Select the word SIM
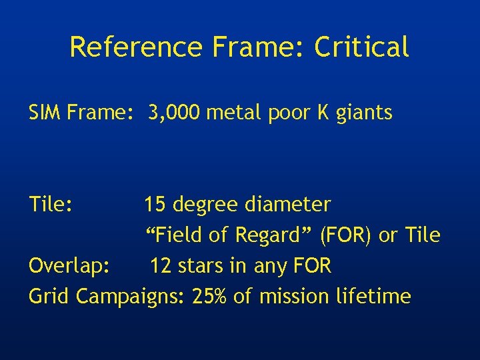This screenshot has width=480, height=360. point(45,113)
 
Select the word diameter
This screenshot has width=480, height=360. point(287,204)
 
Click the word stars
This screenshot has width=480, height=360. point(200,266)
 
